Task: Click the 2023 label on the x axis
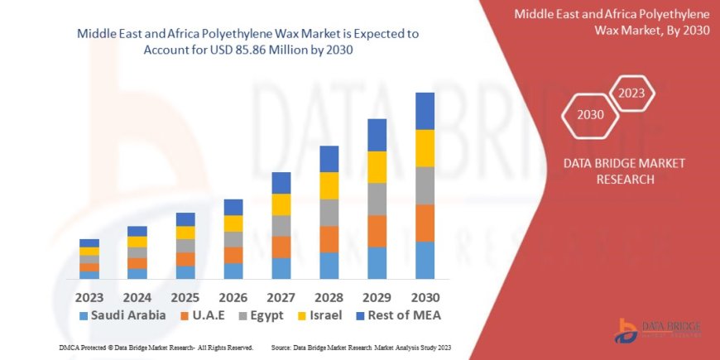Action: tap(89, 296)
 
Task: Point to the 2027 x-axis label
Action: tap(281, 296)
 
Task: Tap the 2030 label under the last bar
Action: tap(425, 296)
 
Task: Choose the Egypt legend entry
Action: tap(262, 315)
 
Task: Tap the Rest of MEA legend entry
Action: tap(397, 315)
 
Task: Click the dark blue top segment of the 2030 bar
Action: tap(425, 111)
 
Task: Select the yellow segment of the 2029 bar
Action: tap(377, 167)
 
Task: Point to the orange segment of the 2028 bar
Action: tap(329, 239)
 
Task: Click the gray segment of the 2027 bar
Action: tap(281, 226)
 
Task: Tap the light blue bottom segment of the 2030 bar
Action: tap(425, 260)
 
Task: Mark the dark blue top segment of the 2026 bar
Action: tap(233, 207)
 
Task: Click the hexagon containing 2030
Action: tap(590, 115)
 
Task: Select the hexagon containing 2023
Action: tap(631, 93)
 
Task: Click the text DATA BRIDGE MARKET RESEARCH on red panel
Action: tap(624, 171)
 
